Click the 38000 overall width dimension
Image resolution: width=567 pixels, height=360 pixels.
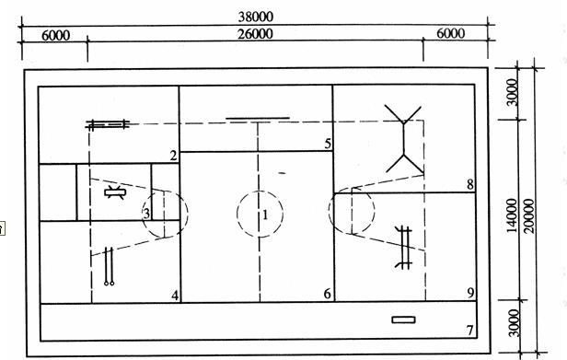256,17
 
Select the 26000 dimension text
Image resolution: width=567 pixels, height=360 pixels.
255,34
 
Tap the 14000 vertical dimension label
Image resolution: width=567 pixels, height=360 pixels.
512,215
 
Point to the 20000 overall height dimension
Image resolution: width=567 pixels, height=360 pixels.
528,215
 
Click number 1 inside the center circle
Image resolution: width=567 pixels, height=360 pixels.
265,215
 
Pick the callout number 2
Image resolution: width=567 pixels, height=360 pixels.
174,156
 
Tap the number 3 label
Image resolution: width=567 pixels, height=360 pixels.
146,213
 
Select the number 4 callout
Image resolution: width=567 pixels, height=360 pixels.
175,296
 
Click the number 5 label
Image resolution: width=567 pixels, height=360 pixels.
328,144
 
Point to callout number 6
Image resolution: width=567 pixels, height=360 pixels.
328,294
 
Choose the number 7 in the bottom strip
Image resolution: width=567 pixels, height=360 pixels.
469,330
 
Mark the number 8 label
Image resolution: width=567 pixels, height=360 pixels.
470,184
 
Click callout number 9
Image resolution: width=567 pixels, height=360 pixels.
470,293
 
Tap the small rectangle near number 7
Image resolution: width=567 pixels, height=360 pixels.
403,319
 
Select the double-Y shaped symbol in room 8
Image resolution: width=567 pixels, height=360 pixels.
403,139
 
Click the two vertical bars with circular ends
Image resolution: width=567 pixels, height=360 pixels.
110,266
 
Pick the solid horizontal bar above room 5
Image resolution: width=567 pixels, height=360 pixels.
258,118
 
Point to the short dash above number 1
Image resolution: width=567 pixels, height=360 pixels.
282,173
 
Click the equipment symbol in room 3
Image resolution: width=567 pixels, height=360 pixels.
115,192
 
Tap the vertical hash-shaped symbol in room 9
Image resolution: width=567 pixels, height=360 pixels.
404,248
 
